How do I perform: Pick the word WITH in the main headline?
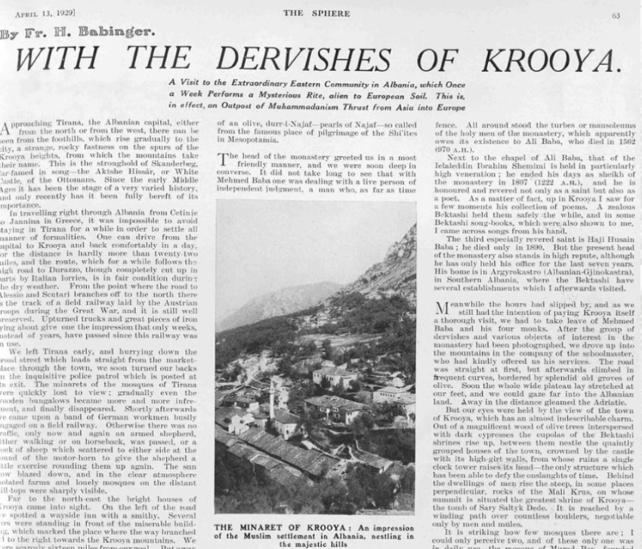point(57,60)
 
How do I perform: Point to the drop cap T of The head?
point(221,156)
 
